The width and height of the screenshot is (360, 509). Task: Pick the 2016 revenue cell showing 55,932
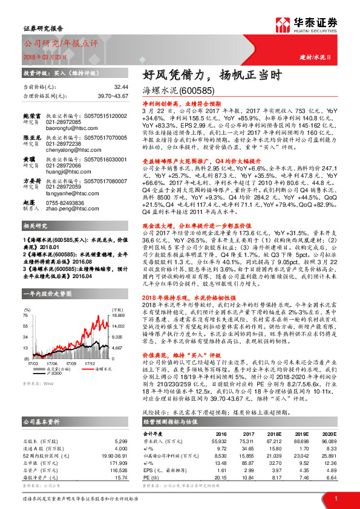tap(220, 442)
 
